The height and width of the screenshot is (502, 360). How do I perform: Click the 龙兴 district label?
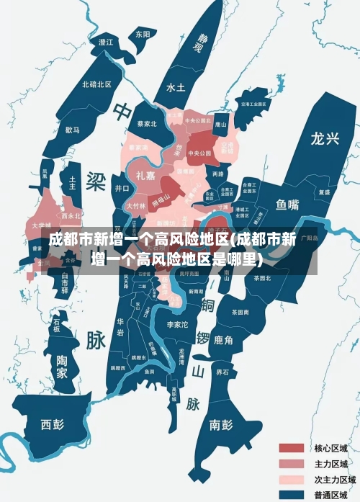click(325, 139)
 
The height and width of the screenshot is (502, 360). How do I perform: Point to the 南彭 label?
click(220, 424)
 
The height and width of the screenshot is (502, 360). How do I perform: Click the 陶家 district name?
click(63, 367)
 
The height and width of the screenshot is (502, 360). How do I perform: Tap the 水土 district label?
click(176, 87)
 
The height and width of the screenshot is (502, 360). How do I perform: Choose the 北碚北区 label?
click(96, 84)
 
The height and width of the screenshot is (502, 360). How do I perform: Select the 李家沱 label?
click(177, 325)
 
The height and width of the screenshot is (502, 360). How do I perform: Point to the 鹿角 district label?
click(223, 340)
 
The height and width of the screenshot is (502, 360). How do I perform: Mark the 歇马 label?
click(72, 130)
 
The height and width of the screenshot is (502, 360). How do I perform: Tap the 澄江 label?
click(106, 42)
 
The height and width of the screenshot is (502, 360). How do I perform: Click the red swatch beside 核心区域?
click(292, 448)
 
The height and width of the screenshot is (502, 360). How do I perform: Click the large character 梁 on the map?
click(95, 179)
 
